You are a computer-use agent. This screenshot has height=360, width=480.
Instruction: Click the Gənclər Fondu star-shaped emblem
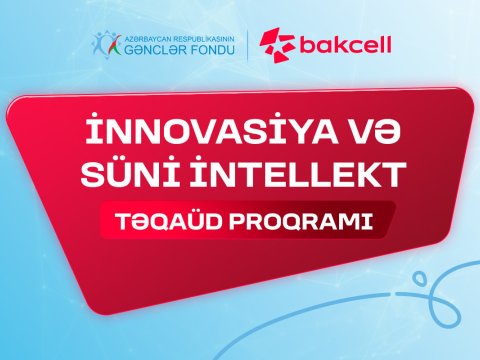pos(108,43)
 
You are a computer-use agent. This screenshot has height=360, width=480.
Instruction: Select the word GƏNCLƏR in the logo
pos(149,48)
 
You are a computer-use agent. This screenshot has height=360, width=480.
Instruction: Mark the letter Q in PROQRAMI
pos(287,221)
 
